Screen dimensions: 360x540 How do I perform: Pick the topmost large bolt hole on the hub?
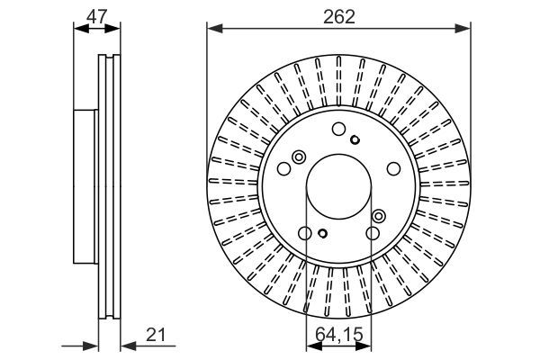click(338, 129)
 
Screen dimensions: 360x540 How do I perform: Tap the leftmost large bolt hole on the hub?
click(284, 168)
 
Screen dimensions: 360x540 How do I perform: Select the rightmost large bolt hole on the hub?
click(392, 168)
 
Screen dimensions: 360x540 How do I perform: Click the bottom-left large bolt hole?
click(305, 233)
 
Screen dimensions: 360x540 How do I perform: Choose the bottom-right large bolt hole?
click(372, 233)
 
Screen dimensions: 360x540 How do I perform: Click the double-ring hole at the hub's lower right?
click(378, 216)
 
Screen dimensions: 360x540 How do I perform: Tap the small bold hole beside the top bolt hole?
click(355, 139)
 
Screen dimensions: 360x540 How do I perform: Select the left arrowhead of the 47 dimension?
click(76, 29)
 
